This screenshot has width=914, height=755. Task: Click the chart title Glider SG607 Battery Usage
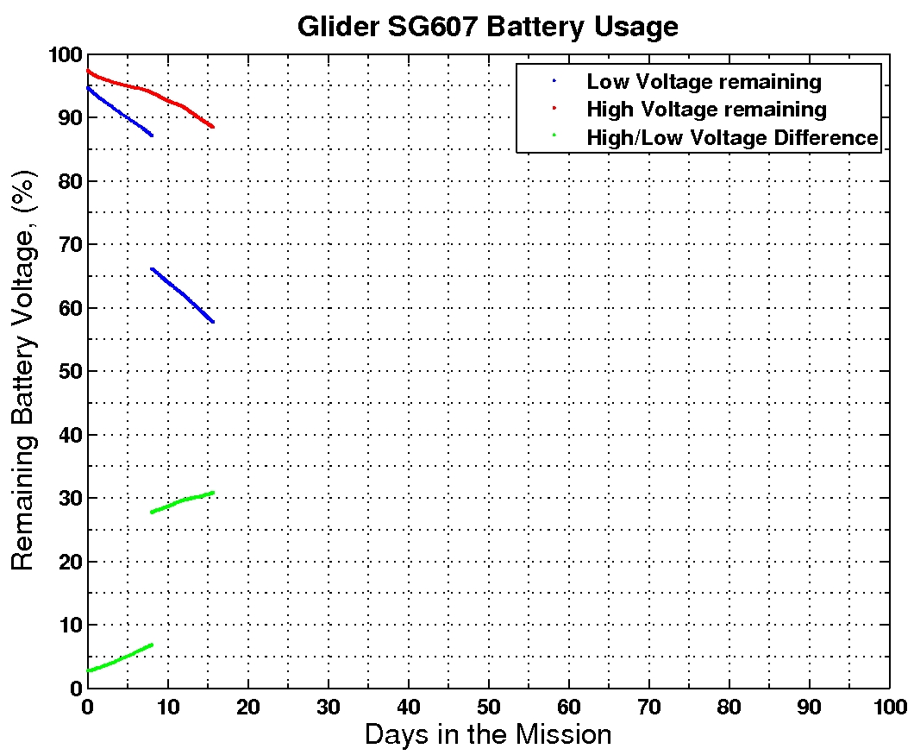(x=487, y=26)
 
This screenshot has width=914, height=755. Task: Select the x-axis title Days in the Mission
(x=487, y=734)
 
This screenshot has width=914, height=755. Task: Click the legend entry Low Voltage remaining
(x=704, y=82)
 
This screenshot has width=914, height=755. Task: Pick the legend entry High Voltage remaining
(x=706, y=110)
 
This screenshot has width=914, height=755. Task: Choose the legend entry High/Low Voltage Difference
(x=732, y=137)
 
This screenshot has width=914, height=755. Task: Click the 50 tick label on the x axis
(x=488, y=705)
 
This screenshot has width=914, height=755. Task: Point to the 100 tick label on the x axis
(x=888, y=705)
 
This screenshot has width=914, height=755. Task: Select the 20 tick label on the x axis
(x=247, y=705)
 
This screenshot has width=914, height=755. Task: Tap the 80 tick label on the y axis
(x=69, y=181)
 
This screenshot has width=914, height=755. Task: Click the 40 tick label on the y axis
(x=69, y=435)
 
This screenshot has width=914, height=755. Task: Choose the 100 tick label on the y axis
(x=64, y=55)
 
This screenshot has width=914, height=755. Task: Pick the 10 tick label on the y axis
(x=69, y=625)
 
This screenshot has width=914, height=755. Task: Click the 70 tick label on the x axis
(x=648, y=705)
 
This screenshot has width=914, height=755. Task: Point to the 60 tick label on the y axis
(x=69, y=308)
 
